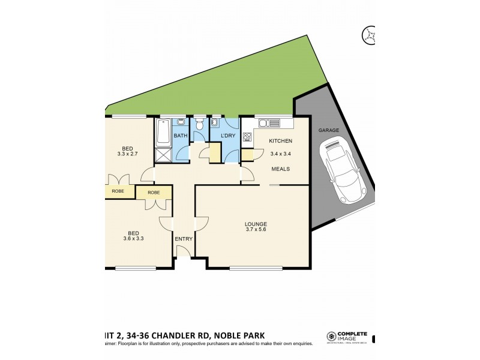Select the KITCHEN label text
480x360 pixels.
coord(280,141)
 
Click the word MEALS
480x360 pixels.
coord(280,169)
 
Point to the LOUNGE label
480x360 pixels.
coord(256,224)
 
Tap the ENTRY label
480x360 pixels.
coord(184,239)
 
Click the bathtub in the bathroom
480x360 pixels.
coord(163,133)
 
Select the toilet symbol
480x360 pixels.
coord(200,125)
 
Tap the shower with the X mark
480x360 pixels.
coord(163,155)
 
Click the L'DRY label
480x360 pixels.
coord(228,136)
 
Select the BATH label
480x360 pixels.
coord(181,136)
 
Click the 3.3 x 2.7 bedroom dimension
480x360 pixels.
coord(127,154)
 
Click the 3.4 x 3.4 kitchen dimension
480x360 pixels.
coord(280,154)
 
